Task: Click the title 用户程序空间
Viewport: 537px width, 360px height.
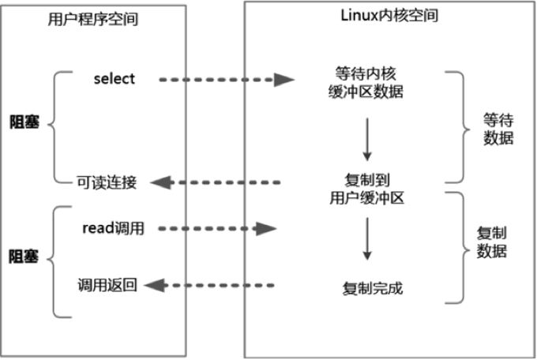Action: pyautogui.click(x=93, y=19)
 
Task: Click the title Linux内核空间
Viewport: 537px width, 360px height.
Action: pyautogui.click(x=389, y=16)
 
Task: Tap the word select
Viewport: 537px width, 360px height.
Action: pyautogui.click(x=115, y=79)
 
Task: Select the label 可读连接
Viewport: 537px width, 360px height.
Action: pyautogui.click(x=107, y=182)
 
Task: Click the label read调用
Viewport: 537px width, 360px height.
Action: pyautogui.click(x=114, y=228)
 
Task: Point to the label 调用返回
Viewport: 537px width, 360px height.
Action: pyautogui.click(x=107, y=285)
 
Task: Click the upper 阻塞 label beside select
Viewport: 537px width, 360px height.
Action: pyautogui.click(x=24, y=122)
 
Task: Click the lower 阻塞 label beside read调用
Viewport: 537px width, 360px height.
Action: pyautogui.click(x=24, y=257)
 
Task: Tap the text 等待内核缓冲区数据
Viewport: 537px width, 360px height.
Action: pyautogui.click(x=366, y=83)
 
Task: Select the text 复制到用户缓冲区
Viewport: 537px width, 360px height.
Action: pyautogui.click(x=366, y=189)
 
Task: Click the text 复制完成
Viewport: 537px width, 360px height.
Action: pyautogui.click(x=373, y=288)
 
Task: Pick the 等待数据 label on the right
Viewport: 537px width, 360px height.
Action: pyautogui.click(x=498, y=129)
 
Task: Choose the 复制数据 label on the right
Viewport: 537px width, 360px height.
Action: pyautogui.click(x=492, y=242)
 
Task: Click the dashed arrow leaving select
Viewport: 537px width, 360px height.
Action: pyautogui.click(x=227, y=80)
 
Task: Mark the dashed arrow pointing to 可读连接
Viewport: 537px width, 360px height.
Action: pyautogui.click(x=216, y=182)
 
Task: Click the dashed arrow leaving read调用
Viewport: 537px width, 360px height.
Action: pyautogui.click(x=218, y=228)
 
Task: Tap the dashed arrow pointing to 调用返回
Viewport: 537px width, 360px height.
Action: pyautogui.click(x=209, y=285)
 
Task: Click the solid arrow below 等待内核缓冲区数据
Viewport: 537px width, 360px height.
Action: pyautogui.click(x=367, y=140)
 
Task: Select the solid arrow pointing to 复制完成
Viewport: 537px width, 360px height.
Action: pyautogui.click(x=367, y=238)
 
